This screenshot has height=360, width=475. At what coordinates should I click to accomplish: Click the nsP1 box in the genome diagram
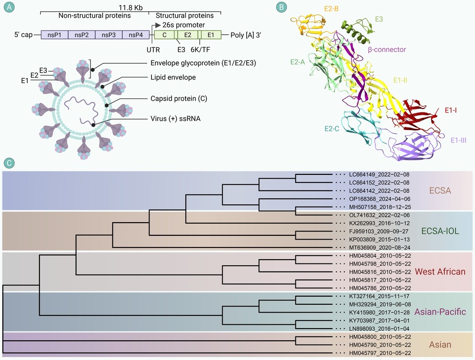pyautogui.click(x=54, y=35)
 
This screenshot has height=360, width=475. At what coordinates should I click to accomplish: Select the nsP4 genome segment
pyautogui.click(x=136, y=35)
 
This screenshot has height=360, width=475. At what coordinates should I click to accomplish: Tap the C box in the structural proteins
pyautogui.click(x=164, y=35)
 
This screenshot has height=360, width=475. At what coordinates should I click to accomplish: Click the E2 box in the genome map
pyautogui.click(x=188, y=35)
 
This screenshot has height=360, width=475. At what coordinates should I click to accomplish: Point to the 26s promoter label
pyautogui.click(x=184, y=25)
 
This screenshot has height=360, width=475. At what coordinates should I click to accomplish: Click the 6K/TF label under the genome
pyautogui.click(x=200, y=50)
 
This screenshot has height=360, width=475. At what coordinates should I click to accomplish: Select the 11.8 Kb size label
pyautogui.click(x=130, y=7)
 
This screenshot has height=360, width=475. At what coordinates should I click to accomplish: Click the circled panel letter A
pyautogui.click(x=9, y=7)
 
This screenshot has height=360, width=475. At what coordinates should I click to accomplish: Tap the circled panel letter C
pyautogui.click(x=9, y=163)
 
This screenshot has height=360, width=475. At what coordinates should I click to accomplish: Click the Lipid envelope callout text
pyautogui.click(x=173, y=77)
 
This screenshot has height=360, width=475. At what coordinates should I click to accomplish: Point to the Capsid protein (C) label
pyautogui.click(x=179, y=98)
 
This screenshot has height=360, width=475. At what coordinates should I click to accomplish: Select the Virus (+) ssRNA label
pyautogui.click(x=175, y=119)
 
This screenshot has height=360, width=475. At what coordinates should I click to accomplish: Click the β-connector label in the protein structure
pyautogui.click(x=387, y=49)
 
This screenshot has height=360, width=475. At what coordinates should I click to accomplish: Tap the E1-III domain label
pyautogui.click(x=458, y=140)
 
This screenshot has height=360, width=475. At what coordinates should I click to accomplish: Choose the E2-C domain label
pyautogui.click(x=332, y=129)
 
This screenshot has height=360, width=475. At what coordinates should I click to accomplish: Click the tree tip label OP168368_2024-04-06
pyautogui.click(x=380, y=199)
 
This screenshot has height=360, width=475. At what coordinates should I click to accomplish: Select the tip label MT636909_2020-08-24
pyautogui.click(x=380, y=247)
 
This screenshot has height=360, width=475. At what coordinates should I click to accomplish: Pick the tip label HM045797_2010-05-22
pyautogui.click(x=380, y=353)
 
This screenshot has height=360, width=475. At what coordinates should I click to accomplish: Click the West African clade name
pyautogui.click(x=440, y=271)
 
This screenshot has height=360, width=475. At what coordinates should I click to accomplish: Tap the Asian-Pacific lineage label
pyautogui.click(x=440, y=312)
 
